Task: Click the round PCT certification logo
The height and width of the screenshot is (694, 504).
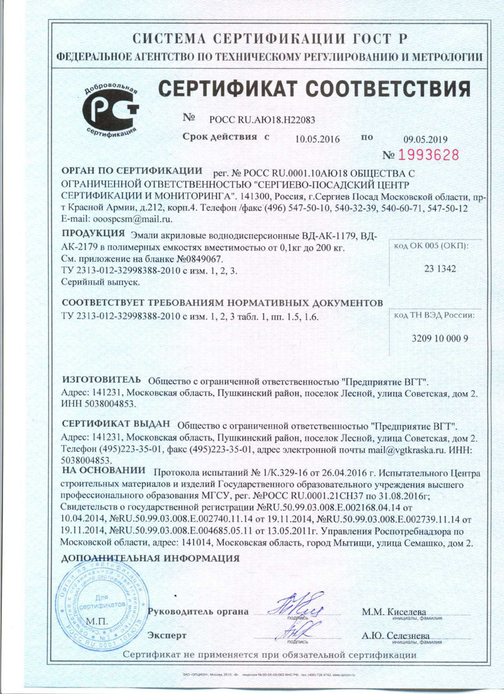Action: (x=111, y=109)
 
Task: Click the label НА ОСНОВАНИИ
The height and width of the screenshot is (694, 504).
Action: (x=103, y=471)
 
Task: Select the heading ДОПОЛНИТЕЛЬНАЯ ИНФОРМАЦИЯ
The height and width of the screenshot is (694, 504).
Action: (x=150, y=558)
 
